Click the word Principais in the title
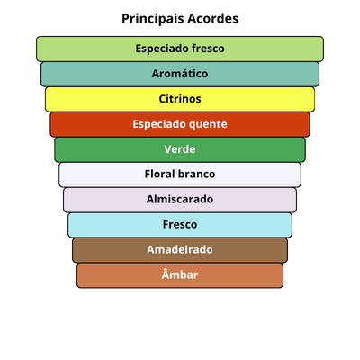pyautogui.click(x=153, y=19)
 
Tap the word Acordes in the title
pyautogui.click(x=212, y=19)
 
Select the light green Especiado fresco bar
pyautogui.click(x=180, y=49)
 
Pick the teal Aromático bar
pyautogui.click(x=180, y=74)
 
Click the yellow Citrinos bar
pyautogui.click(x=180, y=99)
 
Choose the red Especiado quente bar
pyautogui.click(x=180, y=124)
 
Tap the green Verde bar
pyautogui.click(x=180, y=149)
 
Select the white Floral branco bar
pyautogui.click(x=180, y=175)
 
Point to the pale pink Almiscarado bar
pyautogui.click(x=180, y=200)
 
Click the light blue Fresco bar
pyautogui.click(x=180, y=225)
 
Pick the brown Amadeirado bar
pyautogui.click(x=180, y=250)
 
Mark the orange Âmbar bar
pyautogui.click(x=180, y=275)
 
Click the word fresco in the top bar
pyautogui.click(x=208, y=49)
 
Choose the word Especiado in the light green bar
pyautogui.click(x=162, y=49)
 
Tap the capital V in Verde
pyautogui.click(x=168, y=149)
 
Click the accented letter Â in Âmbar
pyautogui.click(x=166, y=274)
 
